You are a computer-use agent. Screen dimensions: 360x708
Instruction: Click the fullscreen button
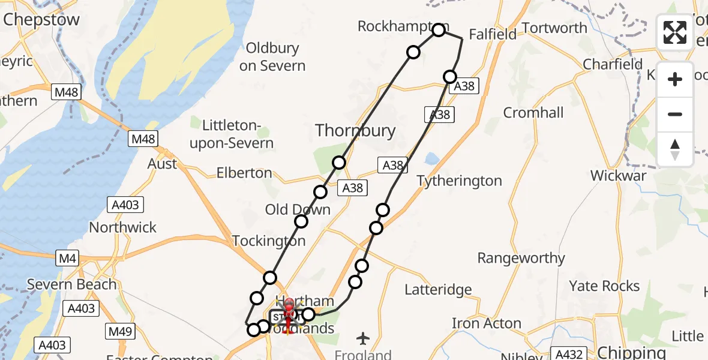675,32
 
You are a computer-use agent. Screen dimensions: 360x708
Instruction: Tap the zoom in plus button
675,79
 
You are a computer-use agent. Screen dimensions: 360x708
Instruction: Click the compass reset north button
675,149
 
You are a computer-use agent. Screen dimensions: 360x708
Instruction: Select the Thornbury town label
355,130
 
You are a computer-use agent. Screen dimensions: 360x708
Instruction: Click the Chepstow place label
41,20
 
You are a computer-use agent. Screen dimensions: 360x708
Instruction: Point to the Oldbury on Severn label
272,57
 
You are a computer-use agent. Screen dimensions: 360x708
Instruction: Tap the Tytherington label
459,181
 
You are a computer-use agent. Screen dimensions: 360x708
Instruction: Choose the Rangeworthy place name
521,258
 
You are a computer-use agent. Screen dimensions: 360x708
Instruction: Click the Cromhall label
533,113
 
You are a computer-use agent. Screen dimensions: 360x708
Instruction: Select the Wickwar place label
618,176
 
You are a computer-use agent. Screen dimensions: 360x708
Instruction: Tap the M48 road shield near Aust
143,139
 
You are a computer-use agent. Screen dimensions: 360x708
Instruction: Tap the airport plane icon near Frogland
363,338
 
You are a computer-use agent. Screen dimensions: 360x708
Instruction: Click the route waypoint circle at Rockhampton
439,29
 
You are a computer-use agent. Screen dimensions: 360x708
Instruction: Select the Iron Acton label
486,323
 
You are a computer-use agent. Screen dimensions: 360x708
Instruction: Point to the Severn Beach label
71,284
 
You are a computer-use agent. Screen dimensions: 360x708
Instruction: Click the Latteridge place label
438,290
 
